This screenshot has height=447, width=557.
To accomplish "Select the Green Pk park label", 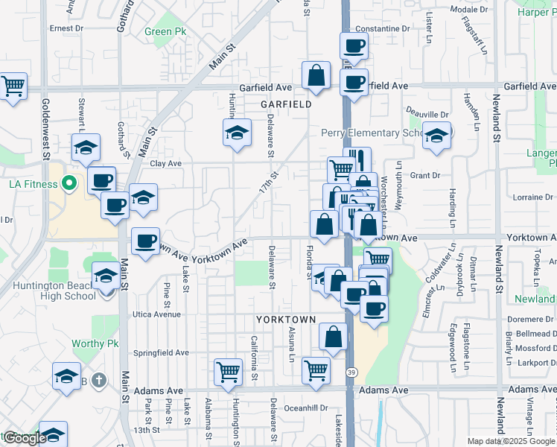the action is point(165,32).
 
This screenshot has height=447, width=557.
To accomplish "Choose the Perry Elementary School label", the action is point(372,133).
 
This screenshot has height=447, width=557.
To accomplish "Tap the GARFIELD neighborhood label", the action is point(286,105).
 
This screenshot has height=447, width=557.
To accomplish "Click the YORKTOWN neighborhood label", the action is point(286,319).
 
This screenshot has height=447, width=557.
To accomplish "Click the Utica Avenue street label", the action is point(156,314).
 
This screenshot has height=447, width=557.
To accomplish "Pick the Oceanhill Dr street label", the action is point(306,408).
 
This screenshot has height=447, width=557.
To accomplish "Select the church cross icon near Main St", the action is point(100,381).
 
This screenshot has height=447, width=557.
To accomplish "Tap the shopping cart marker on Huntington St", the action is point(228,371).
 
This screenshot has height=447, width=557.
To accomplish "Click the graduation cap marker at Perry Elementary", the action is point(436,135).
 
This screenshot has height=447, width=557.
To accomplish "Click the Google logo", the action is point(24,439).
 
